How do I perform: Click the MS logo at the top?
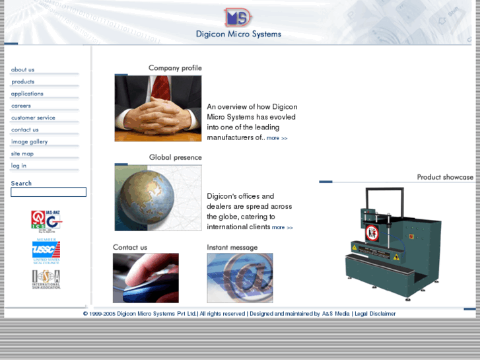click(x=238, y=17)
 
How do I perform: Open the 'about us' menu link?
click(x=23, y=69)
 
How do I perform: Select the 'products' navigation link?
click(x=23, y=82)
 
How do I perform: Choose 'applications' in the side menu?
click(x=27, y=94)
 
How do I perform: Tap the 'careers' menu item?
click(x=21, y=106)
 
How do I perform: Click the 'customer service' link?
click(x=33, y=118)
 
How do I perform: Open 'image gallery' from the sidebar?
click(x=30, y=142)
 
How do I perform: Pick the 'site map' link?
click(x=22, y=154)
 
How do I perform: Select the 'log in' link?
click(x=19, y=166)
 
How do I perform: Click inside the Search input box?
click(x=48, y=192)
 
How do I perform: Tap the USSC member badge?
click(x=46, y=252)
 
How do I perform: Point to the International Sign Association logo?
click(x=46, y=279)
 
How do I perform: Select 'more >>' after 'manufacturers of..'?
click(x=277, y=138)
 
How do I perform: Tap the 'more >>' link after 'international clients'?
click(x=283, y=227)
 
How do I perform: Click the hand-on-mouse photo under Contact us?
click(x=145, y=278)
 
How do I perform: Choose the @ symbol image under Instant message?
click(x=240, y=278)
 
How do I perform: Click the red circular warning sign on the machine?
click(x=372, y=233)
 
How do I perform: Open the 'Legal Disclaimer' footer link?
click(x=375, y=314)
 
